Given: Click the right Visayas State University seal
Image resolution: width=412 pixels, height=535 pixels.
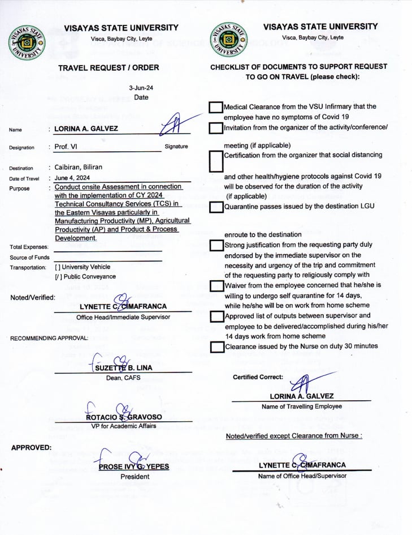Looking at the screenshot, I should click(229, 40).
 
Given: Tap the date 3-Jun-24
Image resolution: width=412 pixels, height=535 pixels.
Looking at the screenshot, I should click(141, 88).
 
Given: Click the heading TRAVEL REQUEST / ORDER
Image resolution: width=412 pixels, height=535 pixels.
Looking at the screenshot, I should click(109, 67).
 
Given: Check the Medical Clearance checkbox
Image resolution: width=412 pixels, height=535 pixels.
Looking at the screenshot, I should click(215, 108).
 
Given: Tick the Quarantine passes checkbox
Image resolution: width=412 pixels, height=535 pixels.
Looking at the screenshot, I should click(215, 207).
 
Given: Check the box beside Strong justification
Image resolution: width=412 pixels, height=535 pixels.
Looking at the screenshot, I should click(215, 246).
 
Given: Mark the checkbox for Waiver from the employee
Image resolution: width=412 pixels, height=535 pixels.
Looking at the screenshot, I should click(215, 286).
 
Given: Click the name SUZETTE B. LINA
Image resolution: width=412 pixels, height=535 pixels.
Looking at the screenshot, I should click(123, 367).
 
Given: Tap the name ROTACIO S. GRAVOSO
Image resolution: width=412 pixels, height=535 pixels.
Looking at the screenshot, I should click(124, 417).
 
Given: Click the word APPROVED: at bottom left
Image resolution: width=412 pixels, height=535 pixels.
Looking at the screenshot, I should click(31, 447).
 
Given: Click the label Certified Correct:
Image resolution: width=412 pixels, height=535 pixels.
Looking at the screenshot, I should click(257, 377).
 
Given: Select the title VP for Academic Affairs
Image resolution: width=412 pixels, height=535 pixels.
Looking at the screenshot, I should click(124, 426).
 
